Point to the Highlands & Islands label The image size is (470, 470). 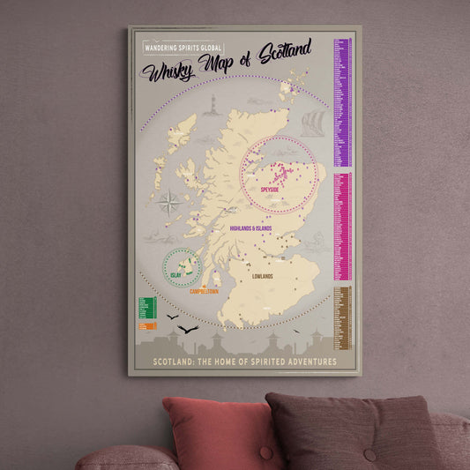(x=250, y=228)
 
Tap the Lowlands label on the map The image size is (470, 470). (x=262, y=276)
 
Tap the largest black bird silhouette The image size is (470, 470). (x=187, y=330)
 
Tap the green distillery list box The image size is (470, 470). (x=146, y=308)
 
